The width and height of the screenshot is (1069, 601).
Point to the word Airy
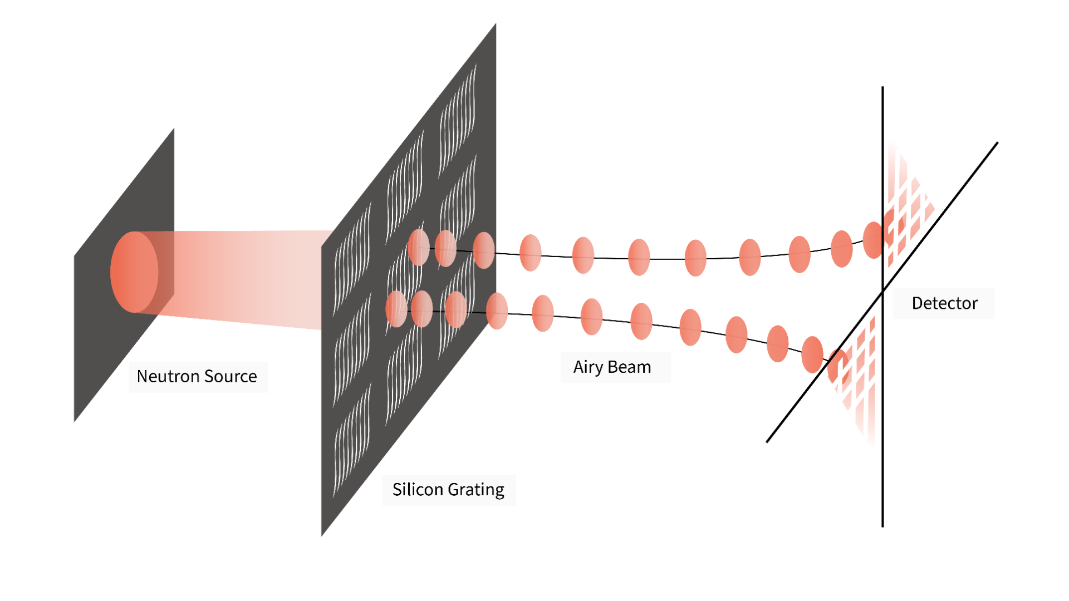pos(588,367)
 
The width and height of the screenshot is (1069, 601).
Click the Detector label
pos(944,303)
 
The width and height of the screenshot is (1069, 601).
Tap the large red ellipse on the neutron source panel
pos(134,272)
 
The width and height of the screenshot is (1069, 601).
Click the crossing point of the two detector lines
pos(882,291)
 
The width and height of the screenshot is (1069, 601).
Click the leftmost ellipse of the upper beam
pos(419,247)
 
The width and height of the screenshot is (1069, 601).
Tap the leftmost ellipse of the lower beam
pos(396,308)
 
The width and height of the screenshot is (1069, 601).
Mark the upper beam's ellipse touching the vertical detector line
pos(874,240)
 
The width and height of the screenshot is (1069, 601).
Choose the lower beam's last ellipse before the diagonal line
pos(812,354)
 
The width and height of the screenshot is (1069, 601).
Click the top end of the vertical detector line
pos(882,88)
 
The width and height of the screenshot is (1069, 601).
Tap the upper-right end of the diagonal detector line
pos(997,144)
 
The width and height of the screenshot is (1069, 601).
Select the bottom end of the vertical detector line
pos(882,525)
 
